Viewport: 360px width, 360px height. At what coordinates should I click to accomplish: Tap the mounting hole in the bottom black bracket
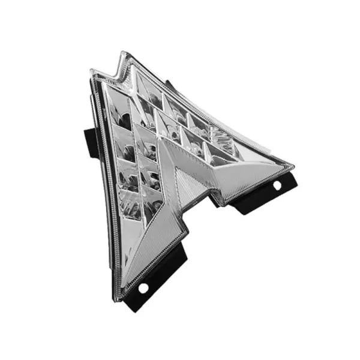[143, 288]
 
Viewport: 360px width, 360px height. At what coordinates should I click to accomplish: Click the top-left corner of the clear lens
[92, 72]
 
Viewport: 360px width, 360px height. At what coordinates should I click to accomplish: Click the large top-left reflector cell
[117, 108]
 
